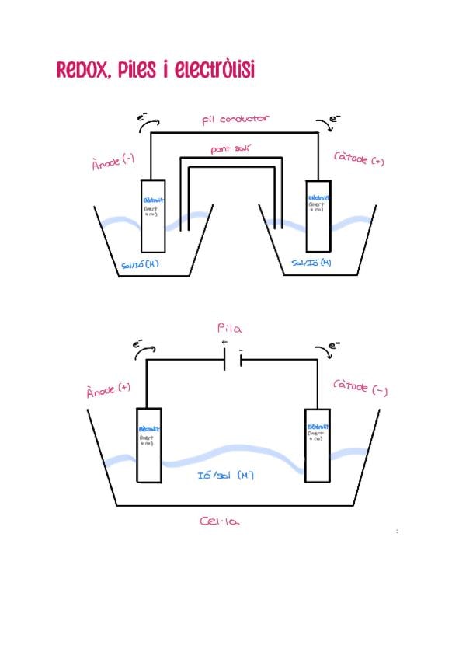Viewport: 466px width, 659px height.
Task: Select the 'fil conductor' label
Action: pos(235,119)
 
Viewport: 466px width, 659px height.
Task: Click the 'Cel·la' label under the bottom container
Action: pos(220,521)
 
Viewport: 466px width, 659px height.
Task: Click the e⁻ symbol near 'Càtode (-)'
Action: pos(332,347)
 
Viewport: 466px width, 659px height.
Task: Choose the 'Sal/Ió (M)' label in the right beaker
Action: pos(311,263)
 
